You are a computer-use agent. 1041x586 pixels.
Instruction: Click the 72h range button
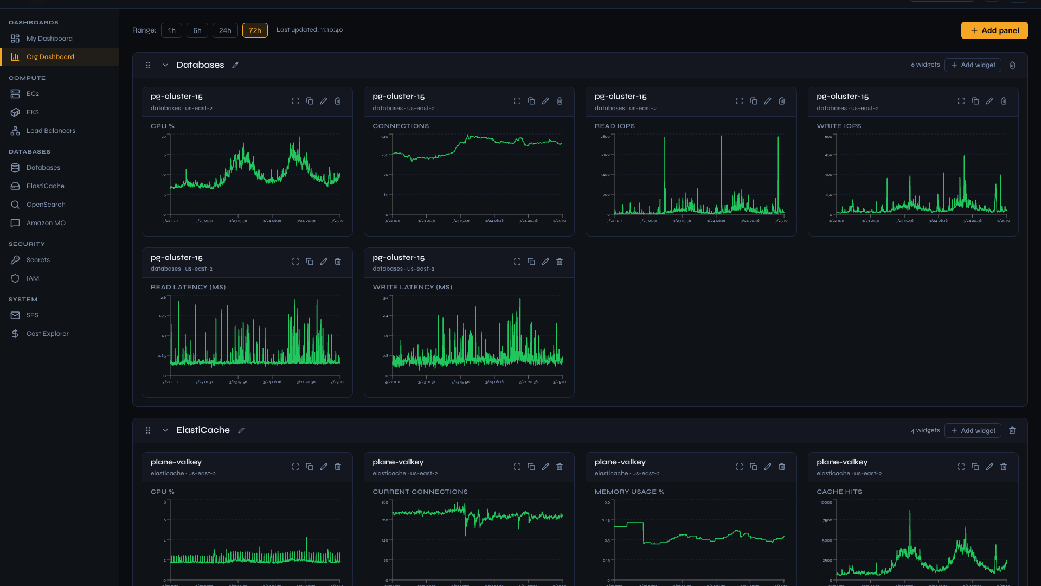click(254, 30)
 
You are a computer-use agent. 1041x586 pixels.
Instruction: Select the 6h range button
click(197, 30)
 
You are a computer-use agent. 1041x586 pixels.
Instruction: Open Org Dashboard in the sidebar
click(50, 57)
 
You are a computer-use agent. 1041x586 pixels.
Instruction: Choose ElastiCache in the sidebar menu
click(45, 186)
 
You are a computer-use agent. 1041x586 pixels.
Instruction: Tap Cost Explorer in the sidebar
click(47, 334)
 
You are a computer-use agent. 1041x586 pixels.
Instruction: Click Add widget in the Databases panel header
click(973, 65)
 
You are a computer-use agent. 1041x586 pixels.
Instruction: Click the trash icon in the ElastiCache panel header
click(1012, 430)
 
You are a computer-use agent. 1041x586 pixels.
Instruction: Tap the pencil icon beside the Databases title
click(235, 65)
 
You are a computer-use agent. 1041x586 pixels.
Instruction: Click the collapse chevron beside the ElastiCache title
click(165, 430)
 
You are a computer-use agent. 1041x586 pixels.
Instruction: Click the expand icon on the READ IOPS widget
click(739, 101)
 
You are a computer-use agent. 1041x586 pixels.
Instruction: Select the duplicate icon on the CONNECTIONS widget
click(531, 101)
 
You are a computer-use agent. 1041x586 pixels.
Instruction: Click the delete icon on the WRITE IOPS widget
click(1004, 101)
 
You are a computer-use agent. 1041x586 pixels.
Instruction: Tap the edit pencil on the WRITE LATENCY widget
click(545, 262)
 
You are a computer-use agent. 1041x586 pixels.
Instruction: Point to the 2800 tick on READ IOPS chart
click(605, 137)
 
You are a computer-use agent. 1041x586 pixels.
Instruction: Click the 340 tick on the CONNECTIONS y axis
click(384, 137)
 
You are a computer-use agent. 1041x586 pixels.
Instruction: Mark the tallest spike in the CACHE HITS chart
click(910, 511)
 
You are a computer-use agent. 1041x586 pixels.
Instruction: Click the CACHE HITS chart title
click(839, 492)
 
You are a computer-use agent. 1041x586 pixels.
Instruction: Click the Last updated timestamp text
click(309, 30)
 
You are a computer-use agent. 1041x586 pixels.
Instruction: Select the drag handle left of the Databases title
click(147, 65)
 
